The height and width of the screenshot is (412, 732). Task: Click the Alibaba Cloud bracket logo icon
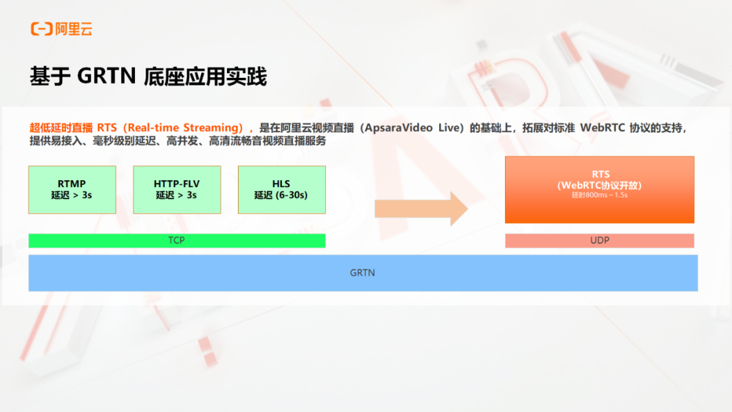pos(41,29)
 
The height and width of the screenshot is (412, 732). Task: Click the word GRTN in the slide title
pos(106,76)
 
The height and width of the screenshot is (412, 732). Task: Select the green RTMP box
pos(72,190)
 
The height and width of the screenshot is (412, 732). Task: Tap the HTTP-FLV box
pos(177,190)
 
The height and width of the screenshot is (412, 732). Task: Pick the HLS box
pos(281,190)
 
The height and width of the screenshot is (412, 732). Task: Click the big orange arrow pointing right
pos(421,209)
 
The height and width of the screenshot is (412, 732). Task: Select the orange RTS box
pos(599,190)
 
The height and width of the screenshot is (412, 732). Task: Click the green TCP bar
pos(177,241)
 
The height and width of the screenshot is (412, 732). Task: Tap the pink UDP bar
pos(599,241)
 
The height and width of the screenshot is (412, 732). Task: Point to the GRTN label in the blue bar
pos(362,273)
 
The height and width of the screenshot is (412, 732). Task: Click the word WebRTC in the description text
pos(603,128)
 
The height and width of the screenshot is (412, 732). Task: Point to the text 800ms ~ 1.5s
pos(605,195)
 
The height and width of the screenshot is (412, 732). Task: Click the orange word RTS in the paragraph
pos(107,128)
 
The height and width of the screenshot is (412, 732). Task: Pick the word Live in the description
pos(449,128)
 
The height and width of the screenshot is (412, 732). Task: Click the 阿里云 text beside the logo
pos(74,29)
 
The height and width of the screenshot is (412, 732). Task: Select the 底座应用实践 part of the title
pos(205,77)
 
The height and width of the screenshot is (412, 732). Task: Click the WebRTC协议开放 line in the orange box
pos(599,185)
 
